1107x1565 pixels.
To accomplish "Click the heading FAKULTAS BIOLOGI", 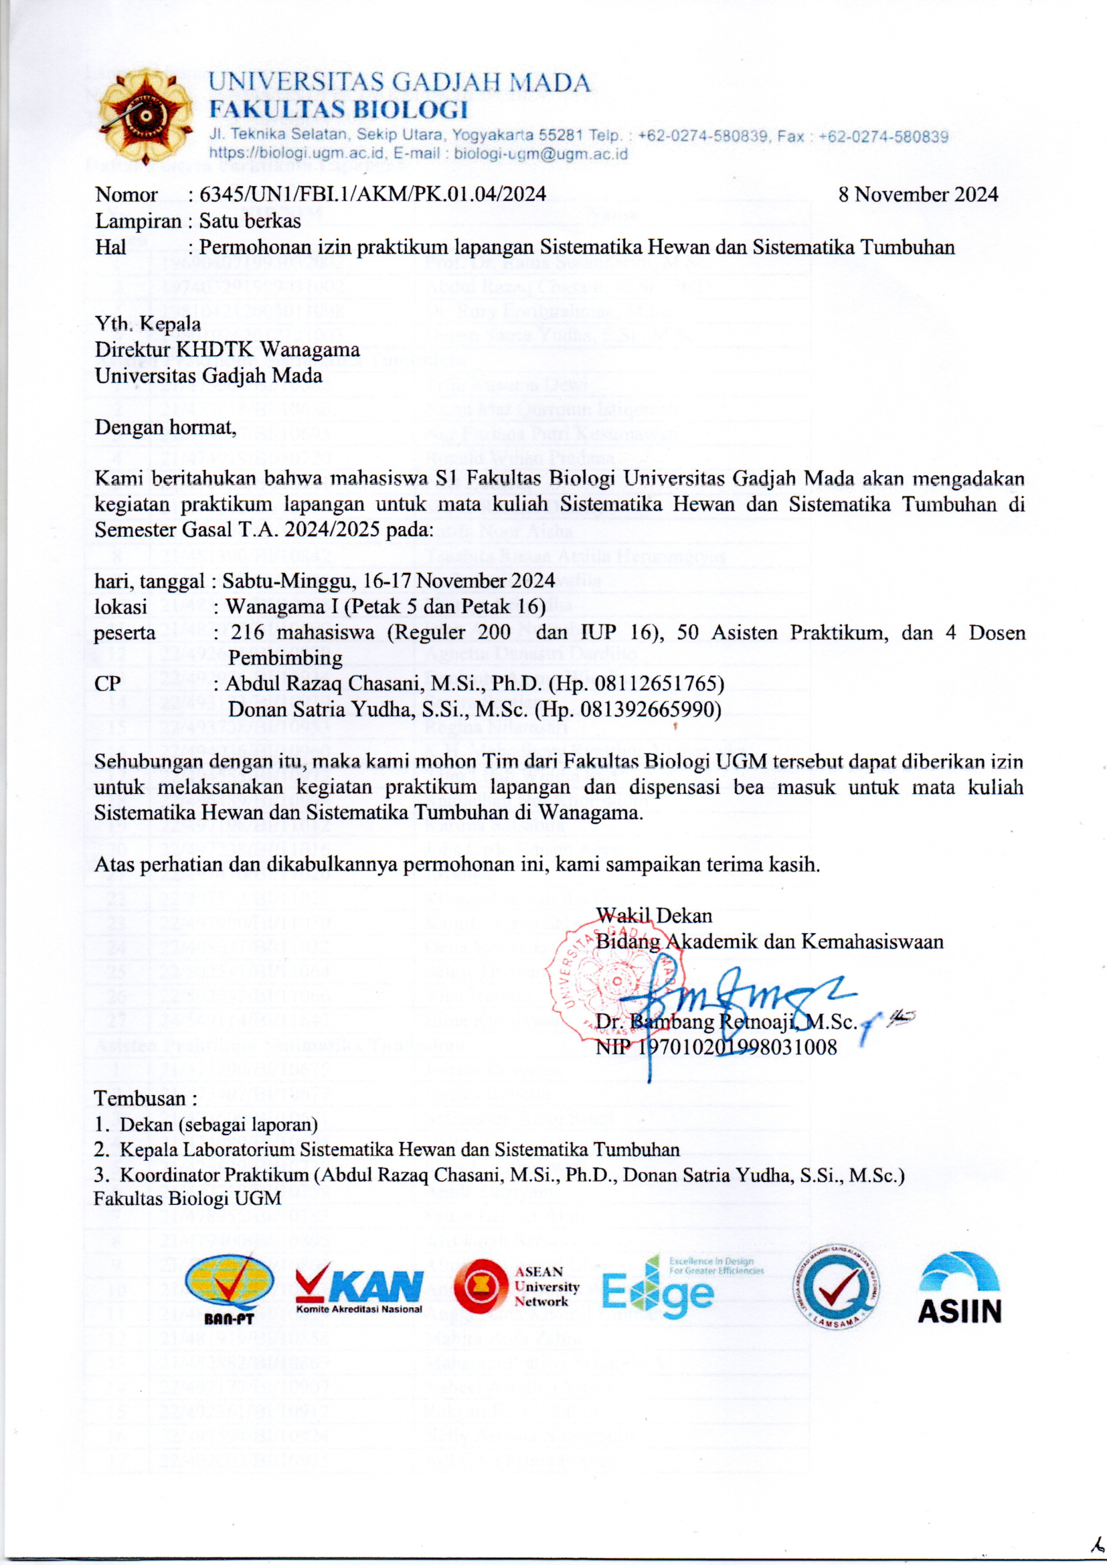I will (338, 109).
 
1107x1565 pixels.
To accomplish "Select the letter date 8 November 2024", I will (918, 195).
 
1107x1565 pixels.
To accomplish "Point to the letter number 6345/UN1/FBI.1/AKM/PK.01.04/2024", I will (372, 195).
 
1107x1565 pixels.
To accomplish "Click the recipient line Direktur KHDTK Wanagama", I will (227, 349).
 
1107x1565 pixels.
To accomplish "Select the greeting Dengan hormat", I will (165, 427).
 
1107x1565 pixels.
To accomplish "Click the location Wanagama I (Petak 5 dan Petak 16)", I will (386, 606).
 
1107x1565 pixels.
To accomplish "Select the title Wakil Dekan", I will (654, 916).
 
